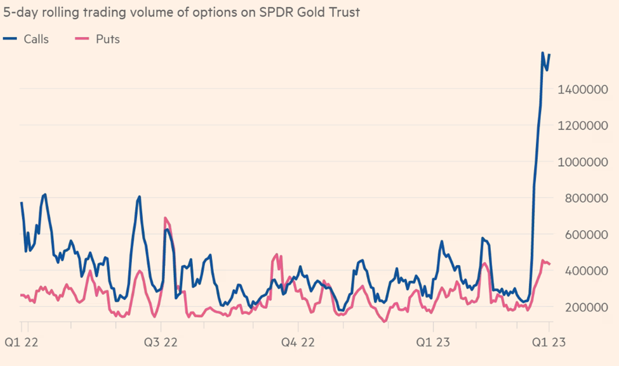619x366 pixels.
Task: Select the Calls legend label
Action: click(36, 39)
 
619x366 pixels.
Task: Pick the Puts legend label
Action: click(108, 39)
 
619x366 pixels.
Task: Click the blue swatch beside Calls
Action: click(11, 39)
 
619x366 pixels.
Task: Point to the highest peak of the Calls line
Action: click(543, 53)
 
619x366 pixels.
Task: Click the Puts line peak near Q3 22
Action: click(165, 218)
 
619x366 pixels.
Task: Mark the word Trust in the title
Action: click(342, 12)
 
